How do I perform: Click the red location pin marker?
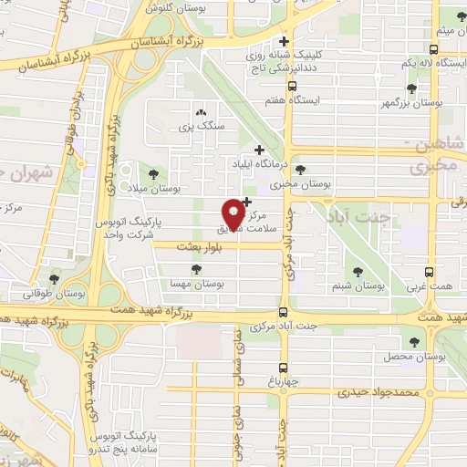click(x=233, y=214)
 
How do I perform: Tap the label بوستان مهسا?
click(x=196, y=285)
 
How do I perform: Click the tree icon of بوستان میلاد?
click(x=150, y=173)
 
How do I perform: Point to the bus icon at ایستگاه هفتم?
click(x=291, y=88)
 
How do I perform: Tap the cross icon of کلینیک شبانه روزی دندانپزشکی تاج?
click(x=285, y=42)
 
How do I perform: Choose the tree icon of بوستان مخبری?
click(x=301, y=170)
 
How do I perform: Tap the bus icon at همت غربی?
click(x=431, y=272)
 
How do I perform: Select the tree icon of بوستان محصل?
click(x=415, y=342)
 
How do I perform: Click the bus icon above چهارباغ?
click(x=283, y=371)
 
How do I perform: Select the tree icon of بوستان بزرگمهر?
click(x=411, y=88)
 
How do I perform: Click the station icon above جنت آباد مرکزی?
click(x=283, y=311)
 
